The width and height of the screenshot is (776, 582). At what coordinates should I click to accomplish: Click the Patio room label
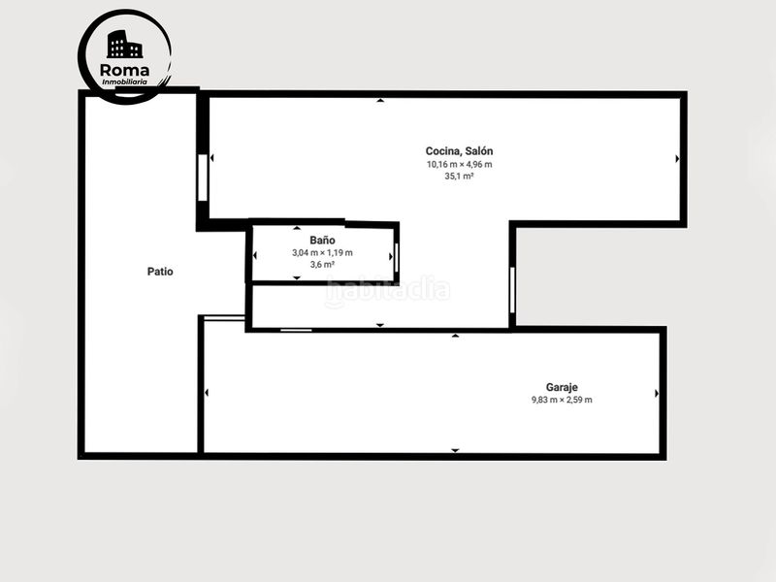tap(160, 272)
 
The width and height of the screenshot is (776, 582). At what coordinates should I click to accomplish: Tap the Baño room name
tap(322, 240)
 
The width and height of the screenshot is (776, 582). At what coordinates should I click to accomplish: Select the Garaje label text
tap(562, 387)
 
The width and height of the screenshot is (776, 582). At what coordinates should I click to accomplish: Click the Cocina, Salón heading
tap(459, 151)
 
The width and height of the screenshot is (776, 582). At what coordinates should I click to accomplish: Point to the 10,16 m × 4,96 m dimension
tap(459, 164)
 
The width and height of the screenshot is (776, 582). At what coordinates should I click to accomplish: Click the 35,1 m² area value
tap(459, 177)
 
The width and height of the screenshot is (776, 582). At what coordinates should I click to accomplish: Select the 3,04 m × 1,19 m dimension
tap(322, 252)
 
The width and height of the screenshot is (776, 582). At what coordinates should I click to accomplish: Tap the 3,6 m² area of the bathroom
tap(322, 264)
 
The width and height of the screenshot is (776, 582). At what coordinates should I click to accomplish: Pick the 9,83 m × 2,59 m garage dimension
tap(562, 400)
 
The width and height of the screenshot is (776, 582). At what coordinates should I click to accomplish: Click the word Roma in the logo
tap(124, 70)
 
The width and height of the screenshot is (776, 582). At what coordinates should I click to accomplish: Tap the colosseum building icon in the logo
tap(124, 45)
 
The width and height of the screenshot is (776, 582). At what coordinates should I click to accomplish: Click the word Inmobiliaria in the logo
tap(124, 82)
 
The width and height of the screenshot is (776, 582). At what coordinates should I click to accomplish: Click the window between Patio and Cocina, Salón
tap(203, 178)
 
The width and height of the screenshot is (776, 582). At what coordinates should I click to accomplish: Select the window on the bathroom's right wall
tap(397, 257)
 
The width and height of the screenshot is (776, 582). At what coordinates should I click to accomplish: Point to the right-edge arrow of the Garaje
tap(657, 394)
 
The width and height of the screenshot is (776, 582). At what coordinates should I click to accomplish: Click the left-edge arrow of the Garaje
tap(206, 393)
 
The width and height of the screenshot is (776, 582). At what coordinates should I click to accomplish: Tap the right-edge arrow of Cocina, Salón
tap(677, 159)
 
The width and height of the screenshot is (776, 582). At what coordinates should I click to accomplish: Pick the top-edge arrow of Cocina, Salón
tap(380, 101)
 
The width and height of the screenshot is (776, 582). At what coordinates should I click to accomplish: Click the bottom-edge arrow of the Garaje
tap(455, 450)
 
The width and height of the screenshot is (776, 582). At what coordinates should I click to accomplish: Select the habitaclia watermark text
tap(387, 290)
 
